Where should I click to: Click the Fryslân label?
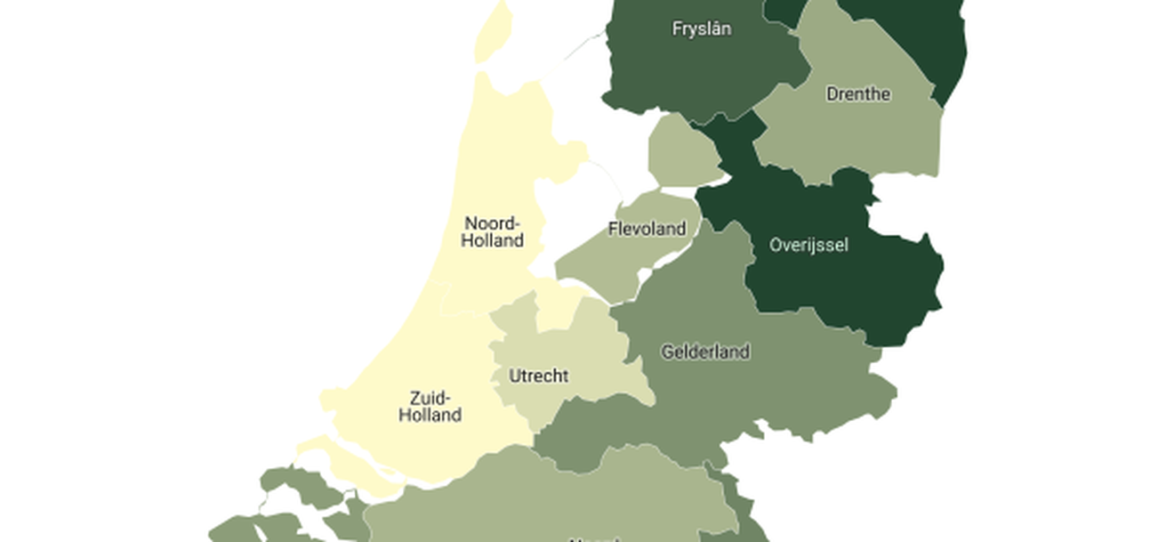[x=702, y=29]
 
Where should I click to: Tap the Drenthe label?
[x=857, y=93]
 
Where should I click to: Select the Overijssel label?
[x=808, y=245]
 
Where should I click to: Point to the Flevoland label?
[x=647, y=229]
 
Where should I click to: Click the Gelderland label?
[x=705, y=352]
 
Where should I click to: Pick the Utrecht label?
[x=538, y=376]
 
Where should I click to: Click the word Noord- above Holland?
[x=492, y=223]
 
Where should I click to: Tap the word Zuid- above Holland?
[x=430, y=398]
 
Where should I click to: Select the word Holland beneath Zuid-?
[x=430, y=415]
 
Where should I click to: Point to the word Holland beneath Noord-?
[x=492, y=240]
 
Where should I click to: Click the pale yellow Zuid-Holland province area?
[x=418, y=445]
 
